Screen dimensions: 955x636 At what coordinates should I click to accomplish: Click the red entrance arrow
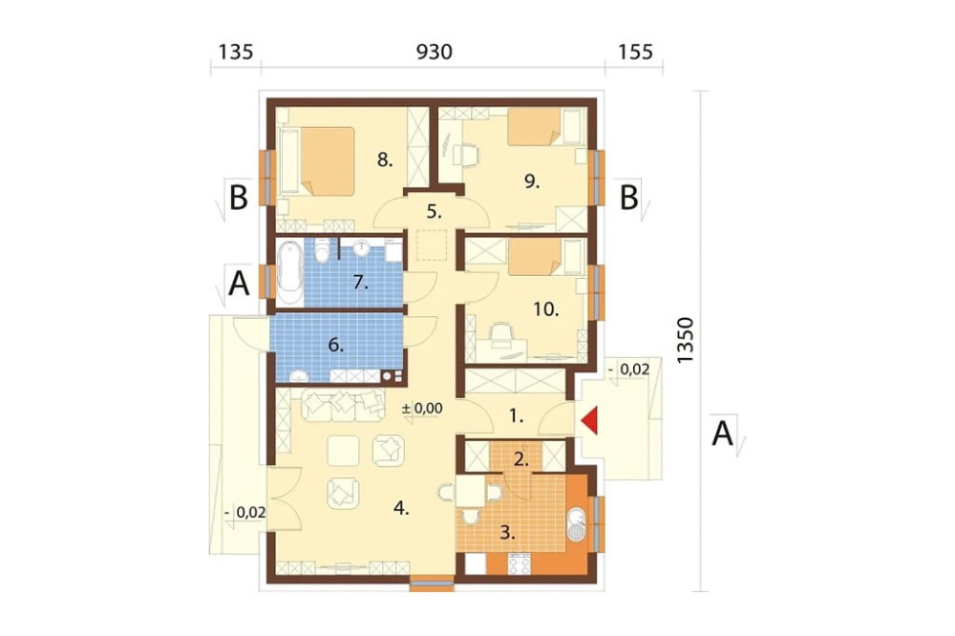pyautogui.click(x=589, y=421)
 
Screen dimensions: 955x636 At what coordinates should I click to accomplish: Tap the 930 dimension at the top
pyautogui.click(x=435, y=53)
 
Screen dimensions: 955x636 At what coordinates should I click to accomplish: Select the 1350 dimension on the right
pyautogui.click(x=686, y=341)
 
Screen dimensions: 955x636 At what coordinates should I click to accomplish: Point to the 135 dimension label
pyautogui.click(x=236, y=53)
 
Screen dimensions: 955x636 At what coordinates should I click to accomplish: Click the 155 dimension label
pyautogui.click(x=635, y=53)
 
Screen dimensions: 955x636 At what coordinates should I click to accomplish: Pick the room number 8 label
pyautogui.click(x=385, y=160)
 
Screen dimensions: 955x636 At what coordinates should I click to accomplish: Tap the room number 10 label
pyautogui.click(x=546, y=309)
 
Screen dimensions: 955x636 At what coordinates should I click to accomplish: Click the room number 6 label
pyautogui.click(x=336, y=346)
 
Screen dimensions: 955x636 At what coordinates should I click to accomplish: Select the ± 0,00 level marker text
pyautogui.click(x=422, y=408)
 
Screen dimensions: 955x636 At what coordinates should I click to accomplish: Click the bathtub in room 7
pyautogui.click(x=290, y=273)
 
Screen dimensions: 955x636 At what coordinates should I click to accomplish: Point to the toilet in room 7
pyautogui.click(x=322, y=250)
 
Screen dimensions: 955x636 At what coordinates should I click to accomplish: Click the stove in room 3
pyautogui.click(x=519, y=563)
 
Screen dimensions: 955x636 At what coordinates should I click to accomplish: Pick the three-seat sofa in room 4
pyautogui.click(x=343, y=405)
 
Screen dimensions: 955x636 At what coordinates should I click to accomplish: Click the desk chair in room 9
pyautogui.click(x=466, y=154)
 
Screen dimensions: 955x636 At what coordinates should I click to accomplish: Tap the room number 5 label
pyautogui.click(x=434, y=212)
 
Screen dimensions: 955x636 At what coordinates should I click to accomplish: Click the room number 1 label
pyautogui.click(x=516, y=416)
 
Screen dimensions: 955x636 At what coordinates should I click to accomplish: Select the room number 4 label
pyautogui.click(x=401, y=508)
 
